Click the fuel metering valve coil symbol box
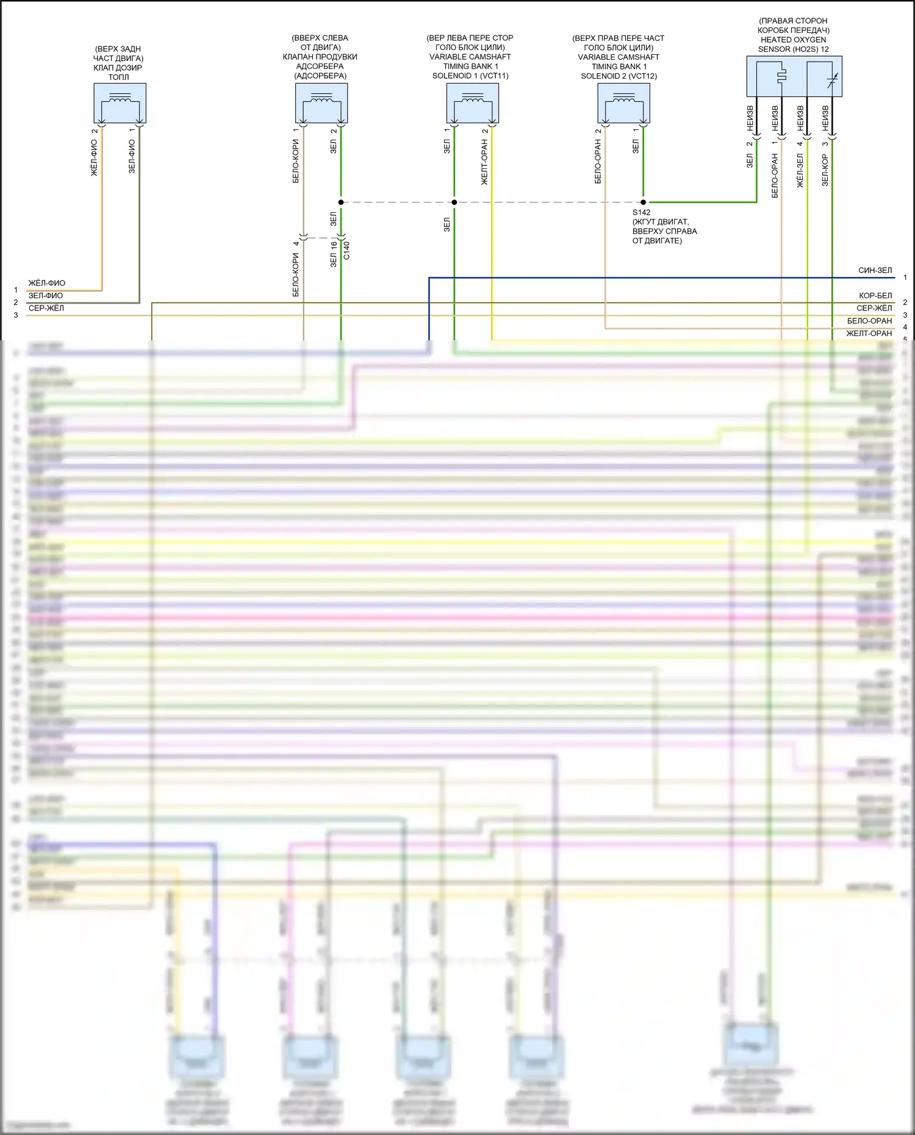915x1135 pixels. click(120, 102)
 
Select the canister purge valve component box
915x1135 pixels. click(321, 102)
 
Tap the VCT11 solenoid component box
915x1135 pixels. click(472, 102)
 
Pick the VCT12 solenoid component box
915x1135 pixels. click(623, 102)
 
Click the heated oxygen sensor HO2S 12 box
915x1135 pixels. click(794, 76)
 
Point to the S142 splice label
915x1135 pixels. click(641, 212)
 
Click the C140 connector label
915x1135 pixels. click(346, 250)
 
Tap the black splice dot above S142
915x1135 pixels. click(644, 202)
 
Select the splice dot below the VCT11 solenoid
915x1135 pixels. click(454, 202)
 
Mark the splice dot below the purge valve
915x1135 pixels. click(341, 202)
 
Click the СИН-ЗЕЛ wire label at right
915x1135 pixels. click(875, 270)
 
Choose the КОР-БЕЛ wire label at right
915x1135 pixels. click(875, 296)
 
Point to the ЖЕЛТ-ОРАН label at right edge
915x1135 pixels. click(869, 334)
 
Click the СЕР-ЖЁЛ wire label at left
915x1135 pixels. click(46, 309)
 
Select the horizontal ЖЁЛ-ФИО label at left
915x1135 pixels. click(46, 283)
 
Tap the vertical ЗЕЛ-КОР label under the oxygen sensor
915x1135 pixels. click(825, 170)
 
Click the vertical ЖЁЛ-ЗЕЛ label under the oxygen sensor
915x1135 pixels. click(800, 170)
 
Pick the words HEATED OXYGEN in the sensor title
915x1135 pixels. click(793, 40)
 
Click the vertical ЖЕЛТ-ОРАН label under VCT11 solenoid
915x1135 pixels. click(484, 162)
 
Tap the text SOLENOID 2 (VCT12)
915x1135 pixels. click(619, 76)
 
